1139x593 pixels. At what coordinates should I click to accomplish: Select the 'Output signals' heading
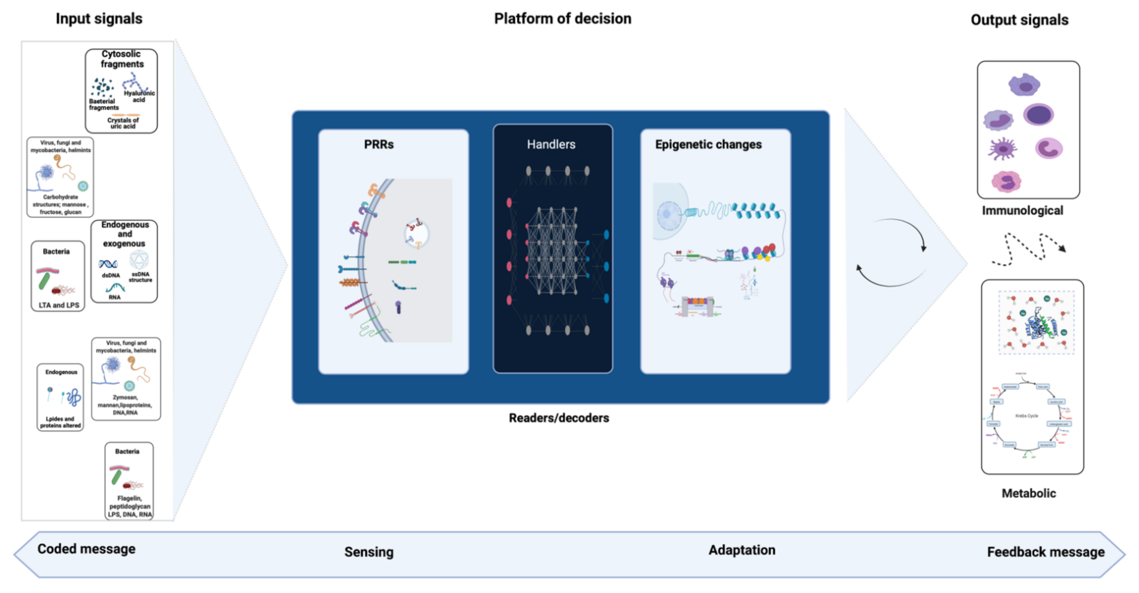tap(1019, 20)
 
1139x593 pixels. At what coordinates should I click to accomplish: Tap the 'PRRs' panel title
tap(378, 144)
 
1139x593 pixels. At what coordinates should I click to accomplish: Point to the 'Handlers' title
tap(551, 144)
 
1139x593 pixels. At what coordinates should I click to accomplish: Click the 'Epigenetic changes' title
tap(708, 144)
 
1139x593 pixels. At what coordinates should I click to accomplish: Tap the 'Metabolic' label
tap(1028, 493)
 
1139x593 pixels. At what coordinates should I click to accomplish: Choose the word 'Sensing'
tap(369, 552)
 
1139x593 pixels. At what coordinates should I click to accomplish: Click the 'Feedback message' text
tap(1046, 552)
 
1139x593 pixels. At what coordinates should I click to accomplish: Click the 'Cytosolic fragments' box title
tap(122, 59)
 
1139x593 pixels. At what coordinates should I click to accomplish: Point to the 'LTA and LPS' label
tap(59, 305)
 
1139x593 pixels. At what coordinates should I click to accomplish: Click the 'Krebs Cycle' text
tap(1026, 415)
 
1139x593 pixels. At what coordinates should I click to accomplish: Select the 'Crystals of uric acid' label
tap(123, 123)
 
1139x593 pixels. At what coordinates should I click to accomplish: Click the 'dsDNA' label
tap(111, 275)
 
